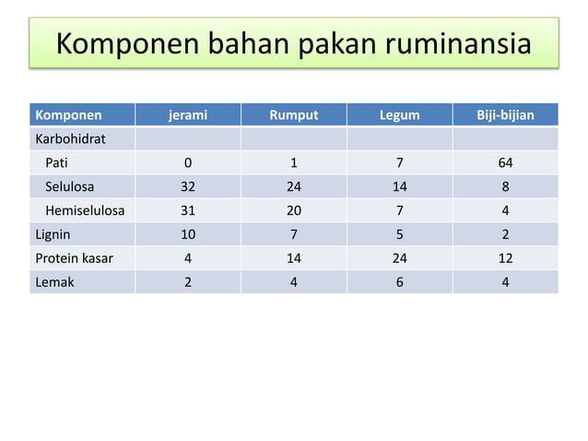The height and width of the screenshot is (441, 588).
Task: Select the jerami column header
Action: click(187, 116)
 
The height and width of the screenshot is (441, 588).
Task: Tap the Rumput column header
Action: click(293, 116)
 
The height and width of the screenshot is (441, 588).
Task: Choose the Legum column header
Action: click(399, 116)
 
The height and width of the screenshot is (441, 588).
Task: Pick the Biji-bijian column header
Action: click(504, 116)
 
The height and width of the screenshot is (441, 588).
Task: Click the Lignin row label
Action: click(53, 235)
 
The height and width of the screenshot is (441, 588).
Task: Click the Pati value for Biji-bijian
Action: click(504, 164)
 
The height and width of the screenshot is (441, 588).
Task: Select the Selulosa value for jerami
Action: click(187, 187)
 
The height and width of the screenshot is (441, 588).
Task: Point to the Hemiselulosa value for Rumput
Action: click(293, 211)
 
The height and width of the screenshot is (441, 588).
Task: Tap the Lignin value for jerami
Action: click(187, 235)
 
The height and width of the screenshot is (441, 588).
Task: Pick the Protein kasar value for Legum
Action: click(399, 259)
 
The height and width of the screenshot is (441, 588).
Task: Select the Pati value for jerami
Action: click(187, 164)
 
